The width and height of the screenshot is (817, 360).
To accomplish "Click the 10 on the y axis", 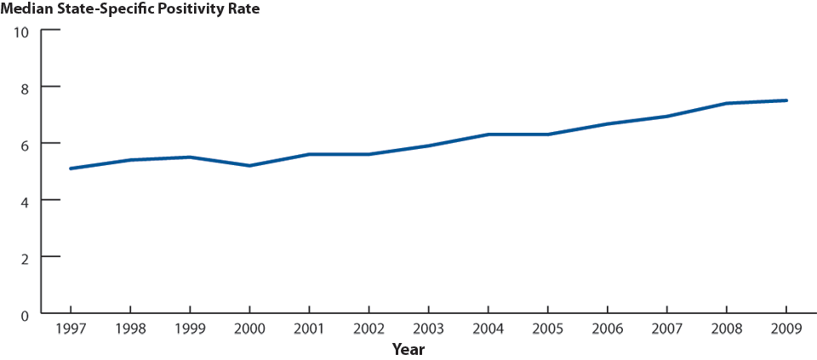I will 22,31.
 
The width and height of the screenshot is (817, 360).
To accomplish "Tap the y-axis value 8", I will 26,88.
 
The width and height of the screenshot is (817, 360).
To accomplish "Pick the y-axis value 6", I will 26,144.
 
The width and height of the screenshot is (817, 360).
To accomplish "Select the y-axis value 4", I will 26,201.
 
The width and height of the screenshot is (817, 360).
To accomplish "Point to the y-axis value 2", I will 26,257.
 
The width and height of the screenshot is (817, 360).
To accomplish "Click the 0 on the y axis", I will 26,313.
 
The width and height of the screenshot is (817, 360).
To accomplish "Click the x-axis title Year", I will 408,349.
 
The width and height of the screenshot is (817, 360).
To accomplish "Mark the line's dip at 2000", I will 249,165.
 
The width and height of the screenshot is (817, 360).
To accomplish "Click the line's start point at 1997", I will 70,169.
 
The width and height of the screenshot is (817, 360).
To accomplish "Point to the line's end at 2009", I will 786,100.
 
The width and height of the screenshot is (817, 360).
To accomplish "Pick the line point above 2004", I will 488,134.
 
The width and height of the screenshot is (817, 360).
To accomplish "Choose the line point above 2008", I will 726,103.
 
